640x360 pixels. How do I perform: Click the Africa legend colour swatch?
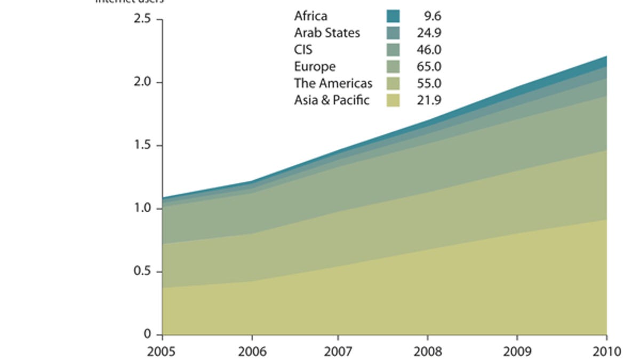[393, 16]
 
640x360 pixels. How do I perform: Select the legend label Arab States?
[327, 33]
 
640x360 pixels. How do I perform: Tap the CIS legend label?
[303, 50]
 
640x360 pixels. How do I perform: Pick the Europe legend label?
[315, 67]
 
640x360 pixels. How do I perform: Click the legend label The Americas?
[333, 83]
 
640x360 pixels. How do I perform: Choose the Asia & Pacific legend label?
[331, 100]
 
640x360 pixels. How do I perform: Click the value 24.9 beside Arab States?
[429, 33]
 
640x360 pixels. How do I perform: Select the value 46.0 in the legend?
[429, 50]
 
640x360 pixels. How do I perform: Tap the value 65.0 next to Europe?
[429, 67]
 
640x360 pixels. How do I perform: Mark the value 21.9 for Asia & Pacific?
[429, 100]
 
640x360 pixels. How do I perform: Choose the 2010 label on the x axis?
[606, 351]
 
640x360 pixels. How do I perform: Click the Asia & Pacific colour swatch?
[393, 100]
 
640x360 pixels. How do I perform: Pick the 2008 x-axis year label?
[428, 351]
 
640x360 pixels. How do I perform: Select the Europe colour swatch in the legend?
[393, 67]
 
